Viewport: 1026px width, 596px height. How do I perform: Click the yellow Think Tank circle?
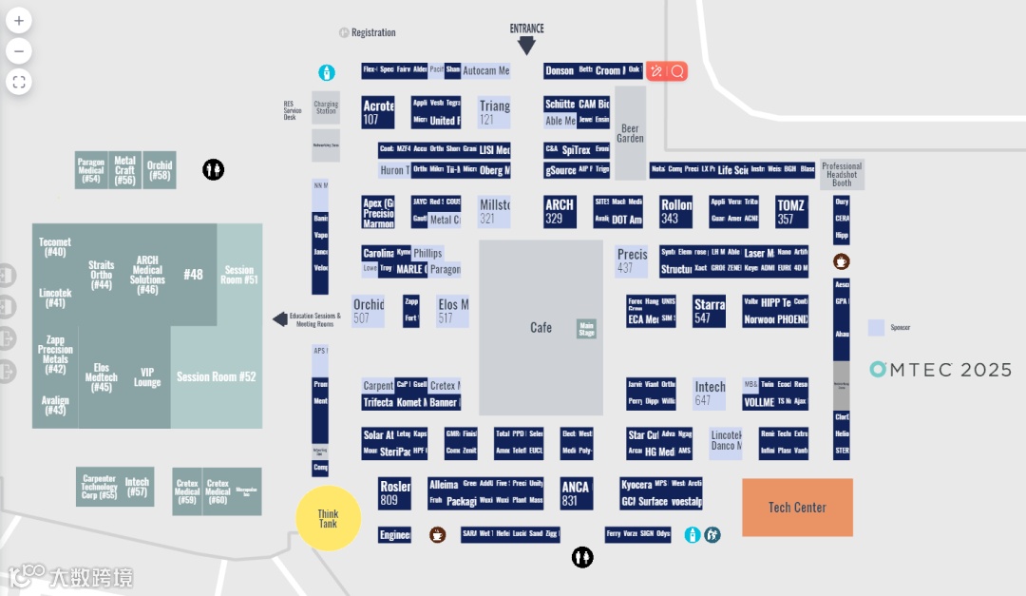(328, 519)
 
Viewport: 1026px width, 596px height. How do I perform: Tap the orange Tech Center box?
(797, 508)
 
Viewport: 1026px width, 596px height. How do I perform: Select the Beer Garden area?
(630, 133)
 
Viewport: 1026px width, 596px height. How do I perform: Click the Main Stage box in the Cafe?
(587, 329)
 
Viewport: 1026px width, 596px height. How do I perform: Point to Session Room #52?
(217, 377)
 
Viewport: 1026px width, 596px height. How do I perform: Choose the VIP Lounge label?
(147, 377)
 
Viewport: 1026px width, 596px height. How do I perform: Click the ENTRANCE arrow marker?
(526, 44)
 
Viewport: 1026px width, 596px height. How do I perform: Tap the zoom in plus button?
(19, 20)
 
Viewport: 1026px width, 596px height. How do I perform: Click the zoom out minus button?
(19, 50)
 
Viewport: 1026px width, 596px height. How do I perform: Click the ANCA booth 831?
(576, 493)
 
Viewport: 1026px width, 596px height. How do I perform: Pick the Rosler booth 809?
(394, 493)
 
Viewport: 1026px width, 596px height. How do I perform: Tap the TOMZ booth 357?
(791, 212)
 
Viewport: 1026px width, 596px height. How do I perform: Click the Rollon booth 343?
(676, 212)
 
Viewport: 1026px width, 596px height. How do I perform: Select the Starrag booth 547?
(710, 312)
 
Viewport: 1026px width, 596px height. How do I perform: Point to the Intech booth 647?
(710, 394)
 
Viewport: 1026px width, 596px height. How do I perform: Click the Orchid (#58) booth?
(160, 170)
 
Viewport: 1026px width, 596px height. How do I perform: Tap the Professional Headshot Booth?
(842, 174)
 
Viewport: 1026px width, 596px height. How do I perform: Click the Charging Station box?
(326, 107)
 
